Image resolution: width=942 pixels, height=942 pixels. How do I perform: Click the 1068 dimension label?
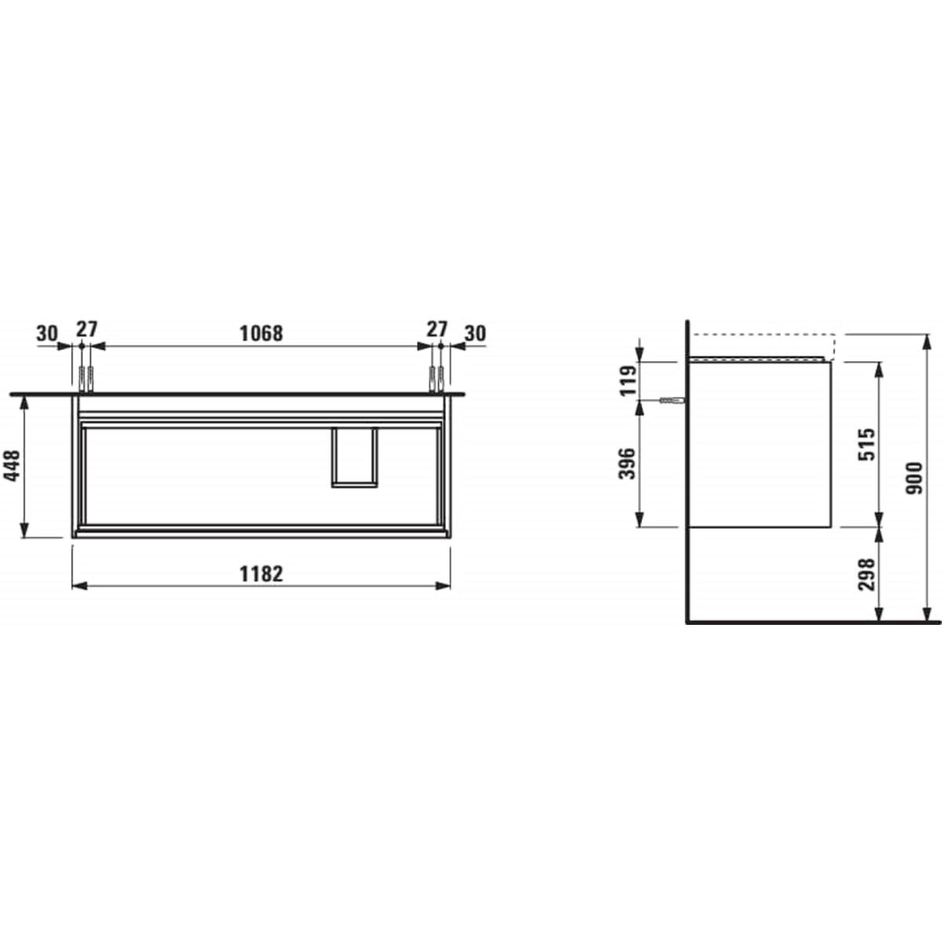(261, 334)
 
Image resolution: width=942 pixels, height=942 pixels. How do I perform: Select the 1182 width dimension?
(261, 574)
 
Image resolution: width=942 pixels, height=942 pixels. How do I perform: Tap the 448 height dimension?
(13, 466)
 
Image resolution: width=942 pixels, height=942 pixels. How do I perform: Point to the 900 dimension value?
(914, 478)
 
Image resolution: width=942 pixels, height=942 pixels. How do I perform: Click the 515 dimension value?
(867, 444)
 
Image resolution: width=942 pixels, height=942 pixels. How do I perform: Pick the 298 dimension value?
(867, 575)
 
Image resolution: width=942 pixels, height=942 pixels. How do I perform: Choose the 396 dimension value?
(628, 463)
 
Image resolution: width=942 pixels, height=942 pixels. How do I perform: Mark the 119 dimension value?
(628, 380)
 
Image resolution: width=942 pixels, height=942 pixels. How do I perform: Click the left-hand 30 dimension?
(47, 334)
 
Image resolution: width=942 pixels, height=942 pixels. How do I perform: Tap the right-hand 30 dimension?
(475, 334)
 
